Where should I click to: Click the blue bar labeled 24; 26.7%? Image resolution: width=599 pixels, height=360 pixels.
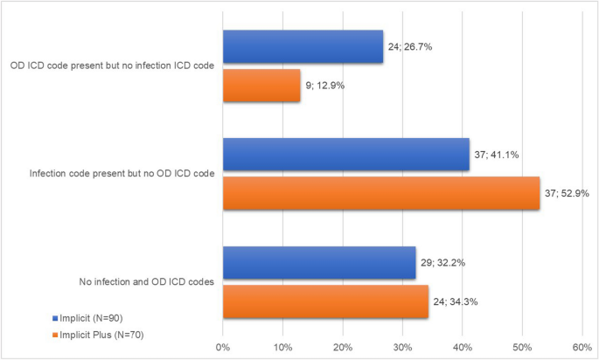(303, 47)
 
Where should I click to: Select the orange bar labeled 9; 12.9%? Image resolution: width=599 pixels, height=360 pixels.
(261, 86)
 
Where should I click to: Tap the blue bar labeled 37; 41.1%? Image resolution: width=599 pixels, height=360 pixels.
(345, 155)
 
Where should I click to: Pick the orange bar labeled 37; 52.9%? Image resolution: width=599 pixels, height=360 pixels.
(380, 193)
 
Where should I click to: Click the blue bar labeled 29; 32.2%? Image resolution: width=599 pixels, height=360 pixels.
(319, 263)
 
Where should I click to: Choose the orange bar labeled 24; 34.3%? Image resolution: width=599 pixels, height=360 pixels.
(325, 301)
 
